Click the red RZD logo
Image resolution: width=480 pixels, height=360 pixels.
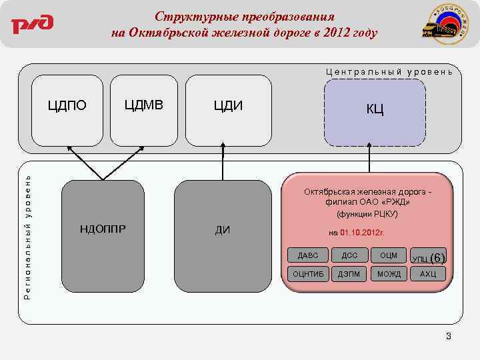[32, 25]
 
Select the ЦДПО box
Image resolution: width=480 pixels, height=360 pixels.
[67, 111]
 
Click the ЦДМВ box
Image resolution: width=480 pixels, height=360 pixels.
[143, 111]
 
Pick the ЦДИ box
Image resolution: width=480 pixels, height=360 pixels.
[228, 111]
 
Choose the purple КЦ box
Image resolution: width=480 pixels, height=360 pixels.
[374, 112]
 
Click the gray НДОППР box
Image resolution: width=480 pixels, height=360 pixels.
[103, 227]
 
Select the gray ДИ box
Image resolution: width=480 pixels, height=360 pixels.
[223, 227]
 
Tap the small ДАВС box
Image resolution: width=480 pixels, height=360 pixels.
[308, 255]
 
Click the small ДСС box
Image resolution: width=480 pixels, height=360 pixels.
[349, 255]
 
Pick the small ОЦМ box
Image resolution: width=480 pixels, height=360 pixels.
[389, 255]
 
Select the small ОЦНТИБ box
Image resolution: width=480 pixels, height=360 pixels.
[308, 274]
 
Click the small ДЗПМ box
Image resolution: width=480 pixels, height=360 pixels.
[349, 274]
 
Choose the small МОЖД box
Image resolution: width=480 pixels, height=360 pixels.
[389, 274]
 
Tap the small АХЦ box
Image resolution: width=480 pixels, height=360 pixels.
[427, 274]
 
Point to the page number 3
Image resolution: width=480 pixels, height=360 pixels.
[449, 337]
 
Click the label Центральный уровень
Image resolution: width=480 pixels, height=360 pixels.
[389, 71]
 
